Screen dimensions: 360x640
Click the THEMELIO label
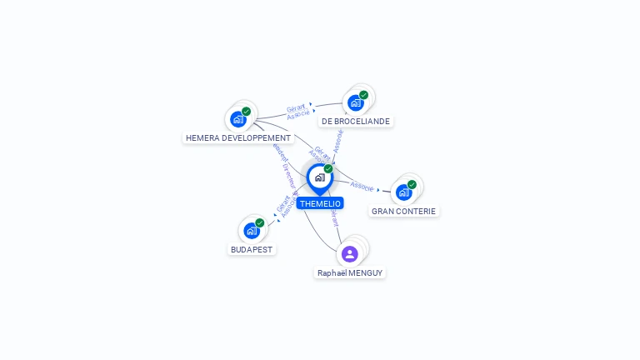pyautogui.click(x=320, y=203)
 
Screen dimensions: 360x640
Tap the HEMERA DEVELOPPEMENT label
pyautogui.click(x=238, y=137)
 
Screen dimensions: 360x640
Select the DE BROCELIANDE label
pyautogui.click(x=356, y=121)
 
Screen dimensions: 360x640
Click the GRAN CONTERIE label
pyautogui.click(x=404, y=212)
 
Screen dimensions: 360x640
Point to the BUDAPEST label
pyautogui.click(x=252, y=249)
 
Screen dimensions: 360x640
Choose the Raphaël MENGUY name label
pyautogui.click(x=350, y=272)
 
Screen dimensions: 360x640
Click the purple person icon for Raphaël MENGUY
pyautogui.click(x=350, y=253)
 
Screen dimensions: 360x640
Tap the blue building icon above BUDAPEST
pyautogui.click(x=251, y=230)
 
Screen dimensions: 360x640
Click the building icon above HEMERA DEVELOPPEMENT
pyautogui.click(x=237, y=118)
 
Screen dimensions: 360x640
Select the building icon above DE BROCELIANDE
pyautogui.click(x=356, y=102)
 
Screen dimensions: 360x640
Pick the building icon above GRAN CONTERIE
pyautogui.click(x=403, y=192)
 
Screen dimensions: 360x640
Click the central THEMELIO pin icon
pyautogui.click(x=319, y=177)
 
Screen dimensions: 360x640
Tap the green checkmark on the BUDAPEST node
pyautogui.click(x=260, y=222)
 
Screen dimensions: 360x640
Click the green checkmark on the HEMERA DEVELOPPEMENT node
pyautogui.click(x=247, y=111)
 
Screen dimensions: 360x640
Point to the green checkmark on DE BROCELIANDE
pyautogui.click(x=364, y=95)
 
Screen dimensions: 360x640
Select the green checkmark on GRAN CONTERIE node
pyautogui.click(x=412, y=184)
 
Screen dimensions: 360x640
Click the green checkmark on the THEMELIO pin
pyautogui.click(x=328, y=169)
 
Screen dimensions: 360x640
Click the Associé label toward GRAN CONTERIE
pyautogui.click(x=362, y=186)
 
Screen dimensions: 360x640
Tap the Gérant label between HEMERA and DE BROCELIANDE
pyautogui.click(x=296, y=107)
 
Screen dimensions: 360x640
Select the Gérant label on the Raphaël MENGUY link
pyautogui.click(x=334, y=217)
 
